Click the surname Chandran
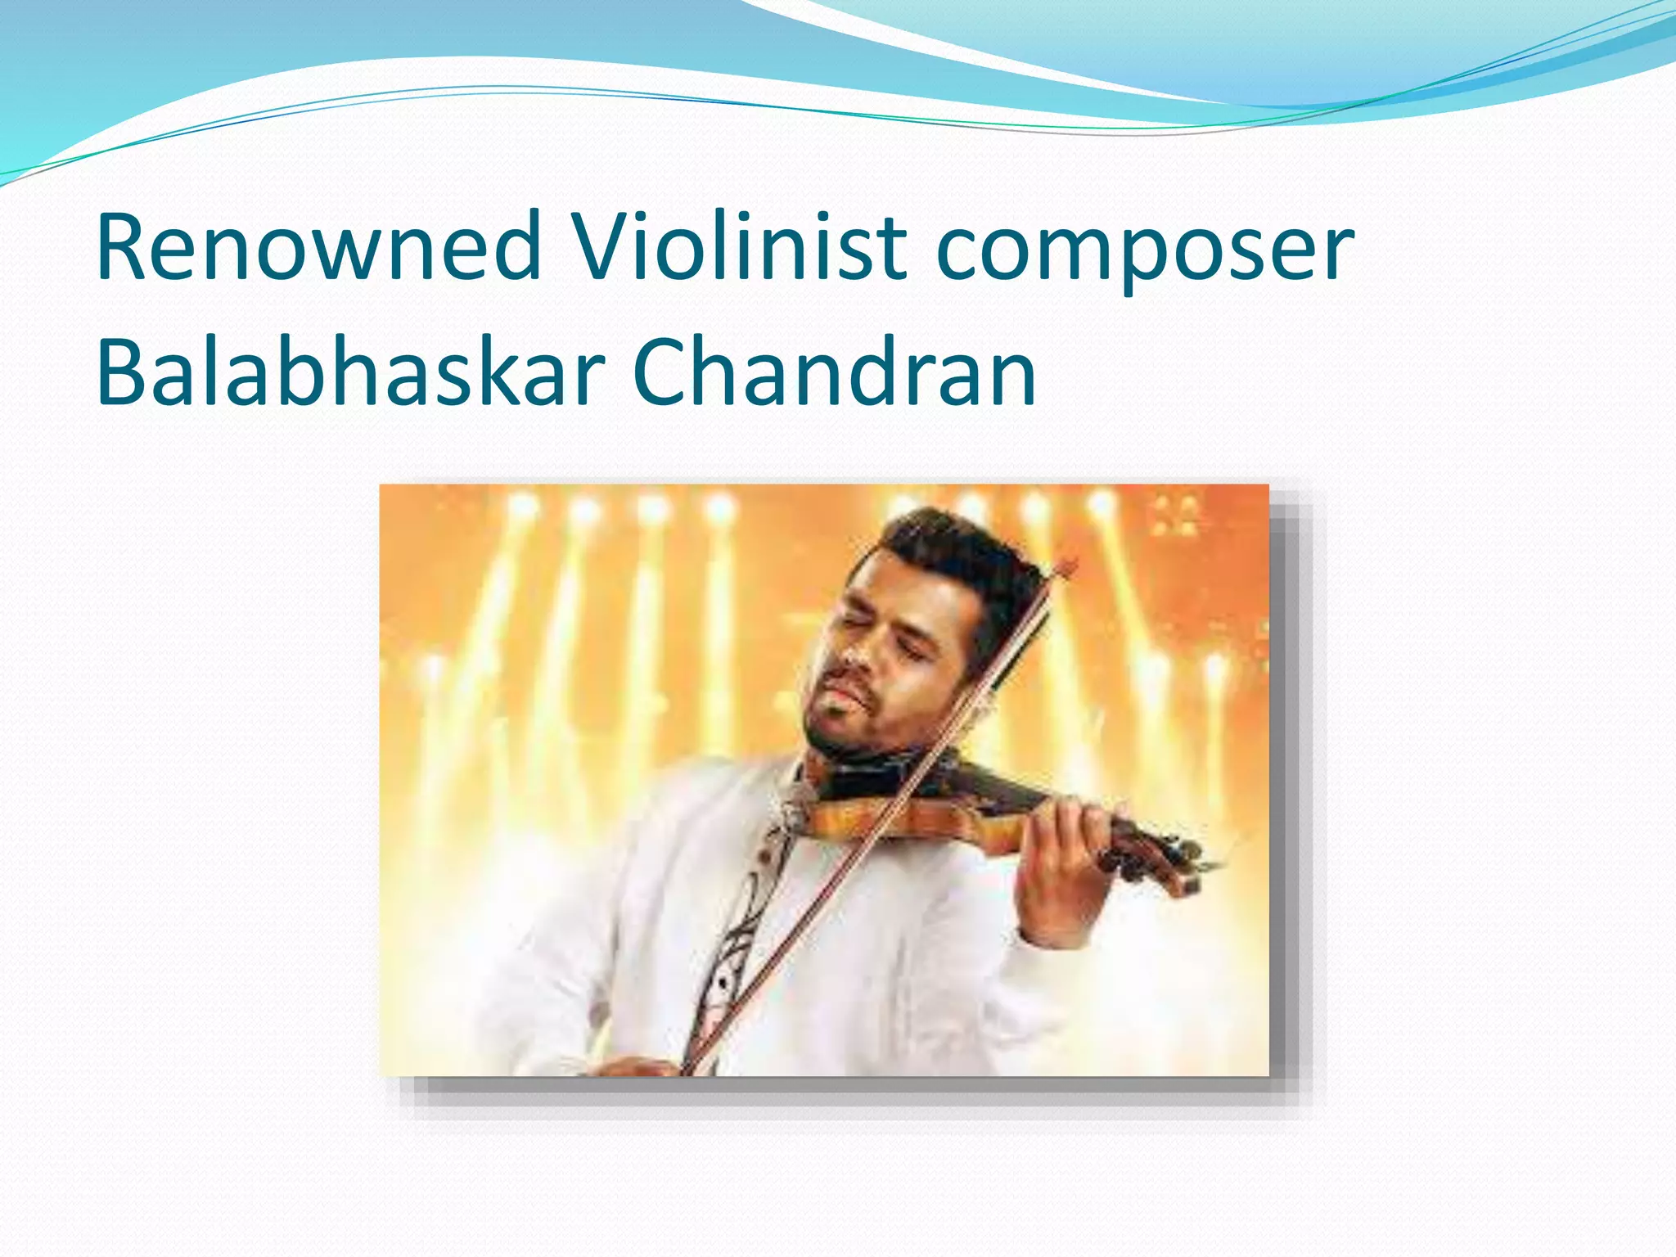click(x=835, y=372)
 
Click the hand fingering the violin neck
click(x=1064, y=851)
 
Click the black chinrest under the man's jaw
click(x=867, y=777)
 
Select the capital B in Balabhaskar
click(x=123, y=372)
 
